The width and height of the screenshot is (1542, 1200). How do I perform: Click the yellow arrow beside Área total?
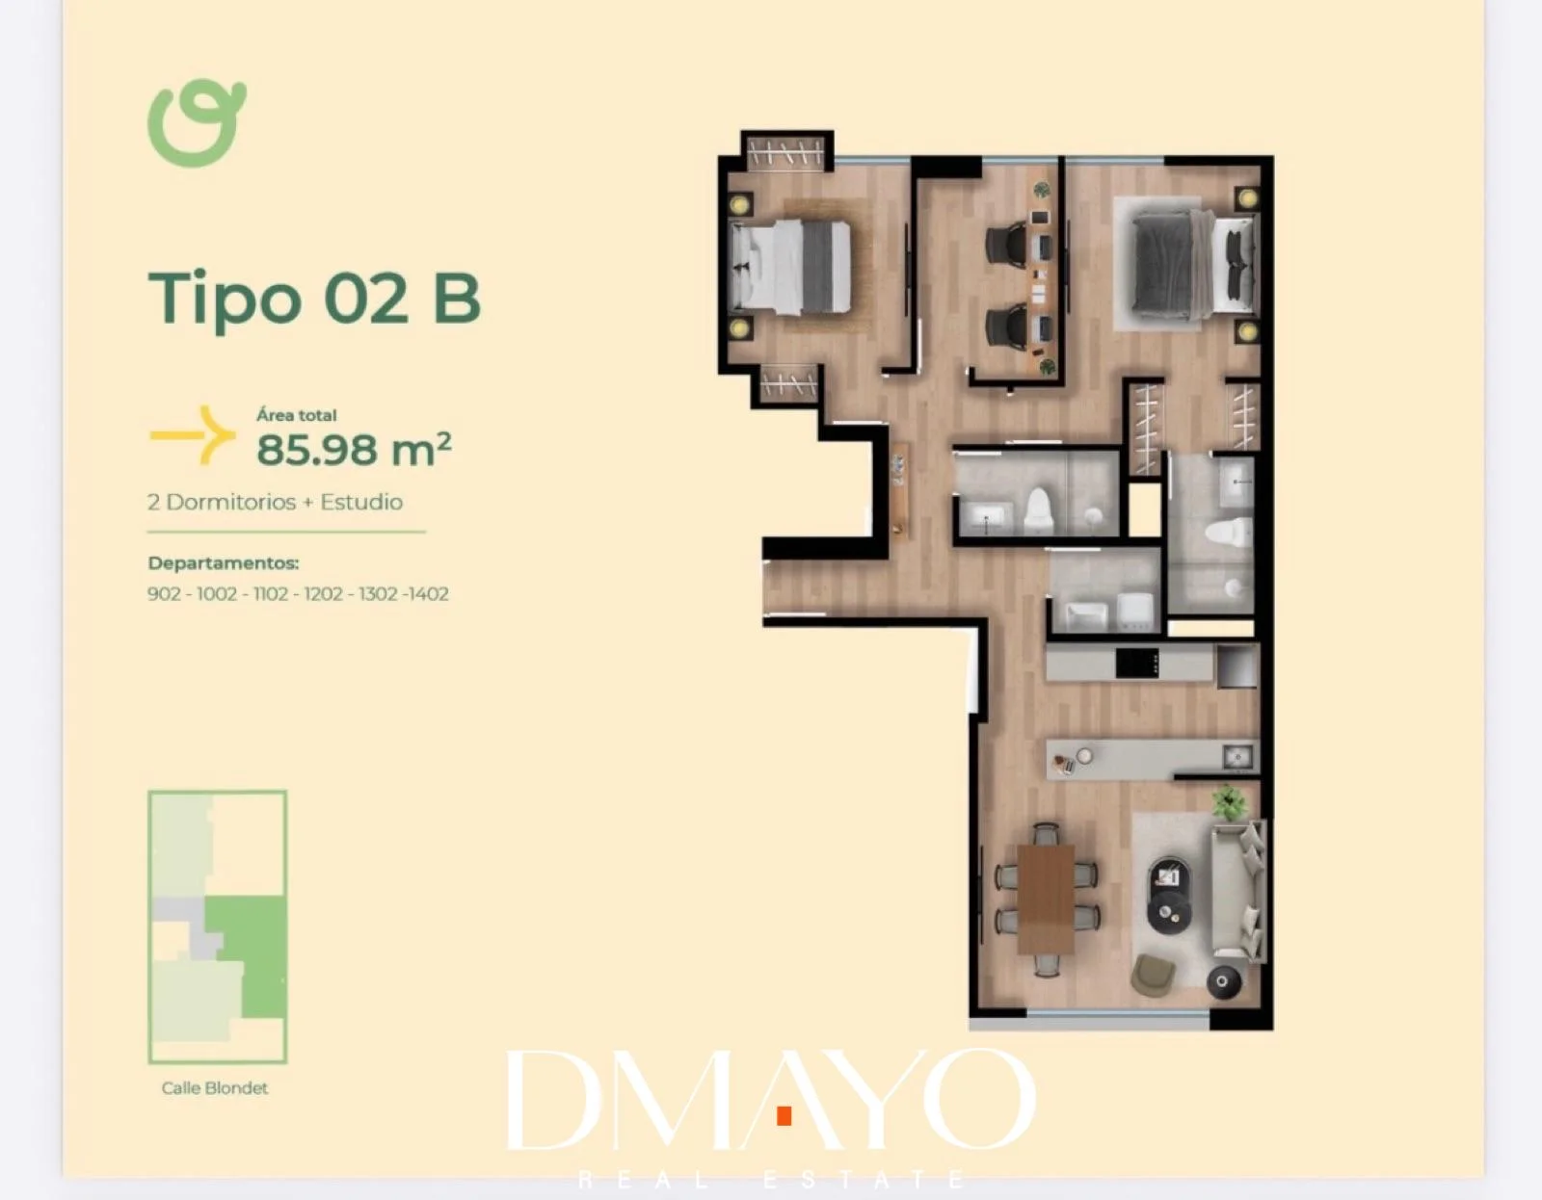tap(193, 435)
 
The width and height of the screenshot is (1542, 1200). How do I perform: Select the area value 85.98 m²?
tap(354, 449)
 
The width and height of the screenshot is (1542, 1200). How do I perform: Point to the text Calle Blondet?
tap(214, 1088)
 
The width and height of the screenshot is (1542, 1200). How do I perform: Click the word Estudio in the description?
tap(361, 502)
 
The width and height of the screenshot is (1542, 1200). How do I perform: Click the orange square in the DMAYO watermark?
tap(784, 1115)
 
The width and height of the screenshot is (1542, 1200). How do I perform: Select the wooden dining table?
tap(1046, 900)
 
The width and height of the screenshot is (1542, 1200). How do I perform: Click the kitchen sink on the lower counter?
tap(1237, 757)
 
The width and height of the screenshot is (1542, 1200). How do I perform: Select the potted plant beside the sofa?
tap(1229, 803)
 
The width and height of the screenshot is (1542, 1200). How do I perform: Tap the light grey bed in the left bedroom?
tap(790, 267)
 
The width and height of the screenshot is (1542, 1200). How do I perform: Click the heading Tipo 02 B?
tap(314, 299)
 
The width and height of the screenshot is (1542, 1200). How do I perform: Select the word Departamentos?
tap(224, 563)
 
